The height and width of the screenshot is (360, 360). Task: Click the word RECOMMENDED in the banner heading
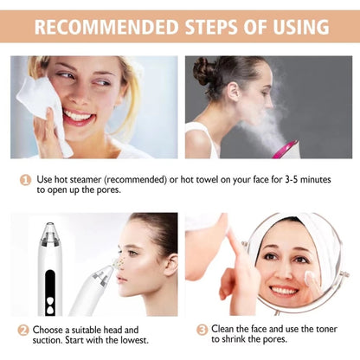(106, 27)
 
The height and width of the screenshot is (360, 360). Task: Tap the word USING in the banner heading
(301, 27)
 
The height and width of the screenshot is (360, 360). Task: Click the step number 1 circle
(25, 180)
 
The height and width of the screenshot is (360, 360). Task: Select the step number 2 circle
(23, 330)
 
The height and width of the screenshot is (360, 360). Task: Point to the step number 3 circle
(202, 329)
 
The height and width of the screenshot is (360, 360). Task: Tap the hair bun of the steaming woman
(204, 71)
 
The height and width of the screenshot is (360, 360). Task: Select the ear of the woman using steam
(233, 90)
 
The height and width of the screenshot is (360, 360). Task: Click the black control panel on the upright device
(50, 292)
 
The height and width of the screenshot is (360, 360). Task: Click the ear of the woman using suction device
(170, 265)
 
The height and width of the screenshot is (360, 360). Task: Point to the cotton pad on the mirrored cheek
(310, 278)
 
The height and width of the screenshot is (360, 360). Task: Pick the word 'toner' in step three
(325, 329)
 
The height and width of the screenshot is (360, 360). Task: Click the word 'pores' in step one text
(107, 190)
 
